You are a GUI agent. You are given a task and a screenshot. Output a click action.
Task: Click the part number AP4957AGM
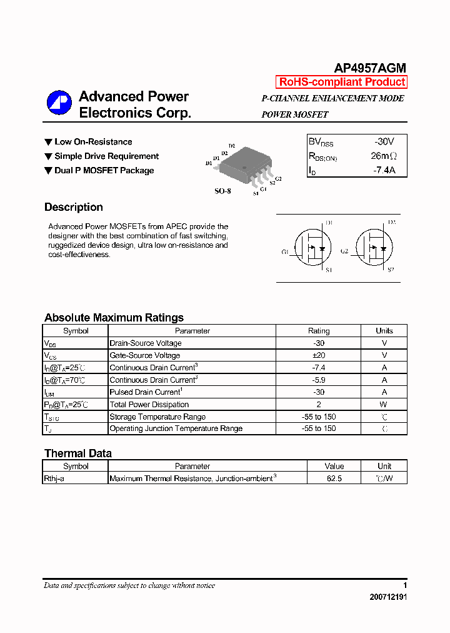click(x=370, y=68)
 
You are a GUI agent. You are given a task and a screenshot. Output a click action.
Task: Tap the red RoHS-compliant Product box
click(x=342, y=82)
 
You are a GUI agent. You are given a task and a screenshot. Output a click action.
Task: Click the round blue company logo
click(x=59, y=103)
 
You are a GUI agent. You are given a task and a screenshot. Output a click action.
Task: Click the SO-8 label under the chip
click(x=222, y=191)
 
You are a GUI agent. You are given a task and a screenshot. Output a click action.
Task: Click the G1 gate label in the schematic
click(x=284, y=252)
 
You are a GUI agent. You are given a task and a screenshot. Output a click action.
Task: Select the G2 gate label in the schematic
click(x=344, y=251)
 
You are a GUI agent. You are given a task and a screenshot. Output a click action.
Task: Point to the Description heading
click(x=74, y=207)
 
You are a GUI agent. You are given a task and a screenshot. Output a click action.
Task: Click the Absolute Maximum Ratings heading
click(x=114, y=317)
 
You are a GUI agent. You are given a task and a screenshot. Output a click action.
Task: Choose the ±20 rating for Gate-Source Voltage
click(x=319, y=355)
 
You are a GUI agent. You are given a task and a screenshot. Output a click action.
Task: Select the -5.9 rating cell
click(x=319, y=380)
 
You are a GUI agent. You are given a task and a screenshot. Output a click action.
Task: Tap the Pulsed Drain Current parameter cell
click(x=146, y=392)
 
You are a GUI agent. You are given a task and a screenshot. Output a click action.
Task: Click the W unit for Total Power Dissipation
click(x=384, y=404)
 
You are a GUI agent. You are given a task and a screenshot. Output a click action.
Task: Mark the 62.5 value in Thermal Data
click(x=334, y=479)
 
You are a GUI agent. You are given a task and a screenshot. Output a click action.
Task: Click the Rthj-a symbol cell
click(x=54, y=479)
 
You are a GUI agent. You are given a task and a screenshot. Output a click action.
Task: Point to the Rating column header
click(x=319, y=331)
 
